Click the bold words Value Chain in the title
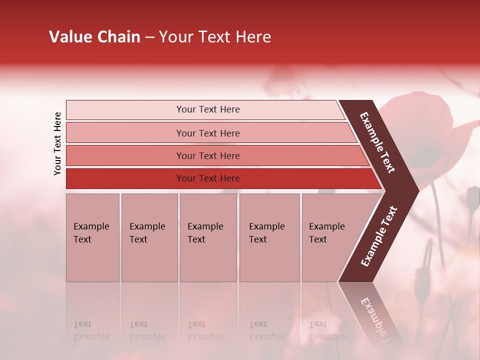[x=94, y=37]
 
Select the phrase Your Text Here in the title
[x=214, y=37]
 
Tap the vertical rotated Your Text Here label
[x=57, y=144]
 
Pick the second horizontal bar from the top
[x=208, y=133]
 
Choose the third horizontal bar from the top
[x=208, y=155]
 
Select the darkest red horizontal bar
[x=208, y=178]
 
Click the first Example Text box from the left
[x=92, y=237]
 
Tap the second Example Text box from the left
[x=149, y=237]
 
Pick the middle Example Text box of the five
[x=208, y=237]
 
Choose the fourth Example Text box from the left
[x=269, y=237]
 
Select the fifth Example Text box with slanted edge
[x=330, y=237]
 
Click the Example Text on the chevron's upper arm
[x=377, y=142]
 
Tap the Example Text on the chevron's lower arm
[x=379, y=236]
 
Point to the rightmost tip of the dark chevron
[x=417, y=190]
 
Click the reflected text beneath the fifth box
[x=326, y=330]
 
